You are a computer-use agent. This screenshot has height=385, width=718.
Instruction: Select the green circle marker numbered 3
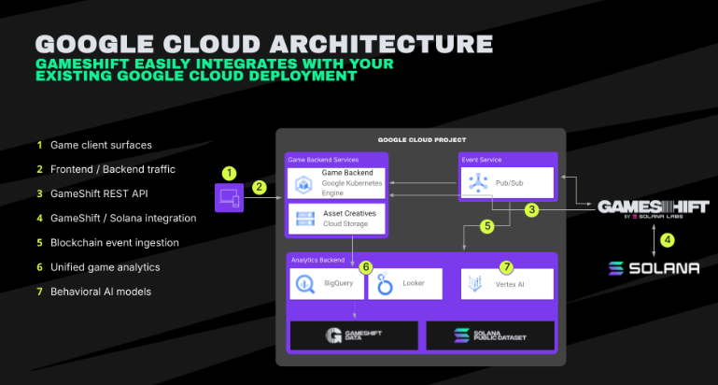point(531,210)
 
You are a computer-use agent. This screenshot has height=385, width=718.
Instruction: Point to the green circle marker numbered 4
point(667,238)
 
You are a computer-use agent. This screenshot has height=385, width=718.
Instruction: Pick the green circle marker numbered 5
point(486,226)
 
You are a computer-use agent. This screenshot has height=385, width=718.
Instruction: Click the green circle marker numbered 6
point(366,267)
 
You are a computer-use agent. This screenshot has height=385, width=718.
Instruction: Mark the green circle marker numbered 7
point(507,267)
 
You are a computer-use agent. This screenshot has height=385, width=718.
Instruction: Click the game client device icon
point(228,197)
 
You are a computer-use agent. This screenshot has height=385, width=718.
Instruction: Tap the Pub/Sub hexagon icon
point(479,181)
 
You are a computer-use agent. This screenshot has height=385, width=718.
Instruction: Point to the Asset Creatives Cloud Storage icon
point(304,218)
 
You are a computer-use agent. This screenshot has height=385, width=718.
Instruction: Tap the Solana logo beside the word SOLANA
point(616,268)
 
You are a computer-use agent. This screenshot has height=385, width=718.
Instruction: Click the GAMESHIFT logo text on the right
point(653,207)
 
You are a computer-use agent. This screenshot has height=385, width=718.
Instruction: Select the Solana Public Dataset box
point(489,335)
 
